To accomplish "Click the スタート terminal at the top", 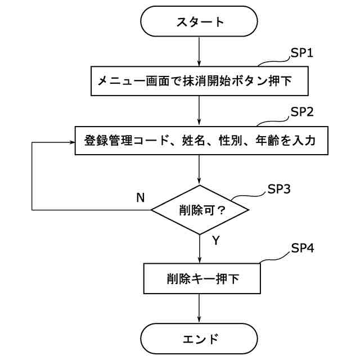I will click(200, 22).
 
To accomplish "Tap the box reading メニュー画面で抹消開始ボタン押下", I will click(200, 81).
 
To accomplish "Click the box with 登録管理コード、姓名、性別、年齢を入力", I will click(200, 141).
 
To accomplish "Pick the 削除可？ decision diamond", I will click(200, 210).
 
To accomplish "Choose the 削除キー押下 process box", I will click(200, 278).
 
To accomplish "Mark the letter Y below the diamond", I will click(215, 241).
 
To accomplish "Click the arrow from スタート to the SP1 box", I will click(200, 52).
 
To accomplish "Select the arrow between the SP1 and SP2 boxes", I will click(200, 110).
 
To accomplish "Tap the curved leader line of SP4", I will click(273, 258).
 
